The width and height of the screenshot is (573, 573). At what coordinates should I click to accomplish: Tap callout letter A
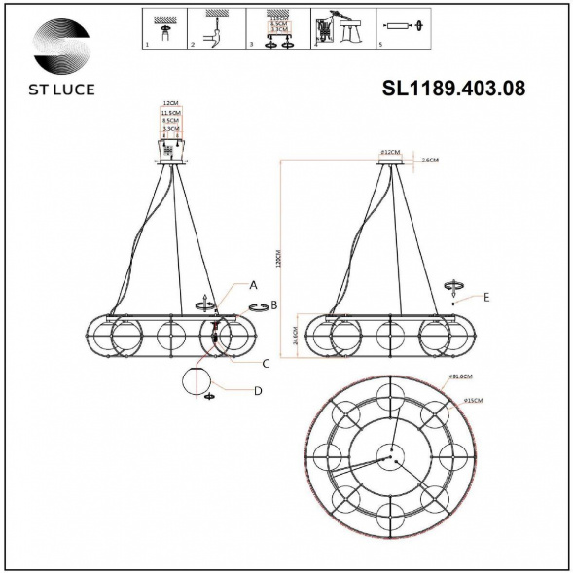pos(253,285)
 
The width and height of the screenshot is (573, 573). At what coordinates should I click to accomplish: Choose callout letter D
pos(257,391)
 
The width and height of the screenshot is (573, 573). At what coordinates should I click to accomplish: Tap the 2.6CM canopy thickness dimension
pos(430,160)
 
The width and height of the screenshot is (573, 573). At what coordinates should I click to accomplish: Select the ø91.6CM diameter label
pos(460,376)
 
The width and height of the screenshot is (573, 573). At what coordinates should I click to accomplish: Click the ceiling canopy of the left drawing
pos(171,151)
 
